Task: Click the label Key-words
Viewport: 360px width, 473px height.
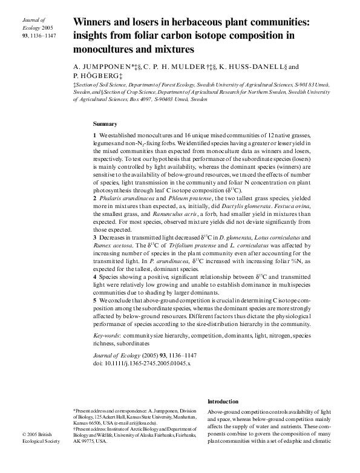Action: click(106, 334)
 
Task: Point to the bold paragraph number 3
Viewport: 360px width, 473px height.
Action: click(95, 238)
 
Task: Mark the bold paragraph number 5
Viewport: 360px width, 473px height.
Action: click(95, 300)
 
